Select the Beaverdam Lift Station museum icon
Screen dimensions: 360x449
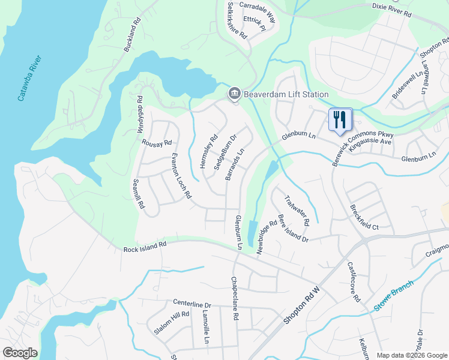point(234,94)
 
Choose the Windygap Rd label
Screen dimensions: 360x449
point(140,115)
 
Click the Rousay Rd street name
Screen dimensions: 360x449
point(157,143)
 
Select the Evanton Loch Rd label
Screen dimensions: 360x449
point(181,176)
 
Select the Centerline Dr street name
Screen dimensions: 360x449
point(193,305)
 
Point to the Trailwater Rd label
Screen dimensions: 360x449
point(297,210)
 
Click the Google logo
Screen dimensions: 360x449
point(20,353)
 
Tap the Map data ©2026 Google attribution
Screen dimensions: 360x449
point(412,355)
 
